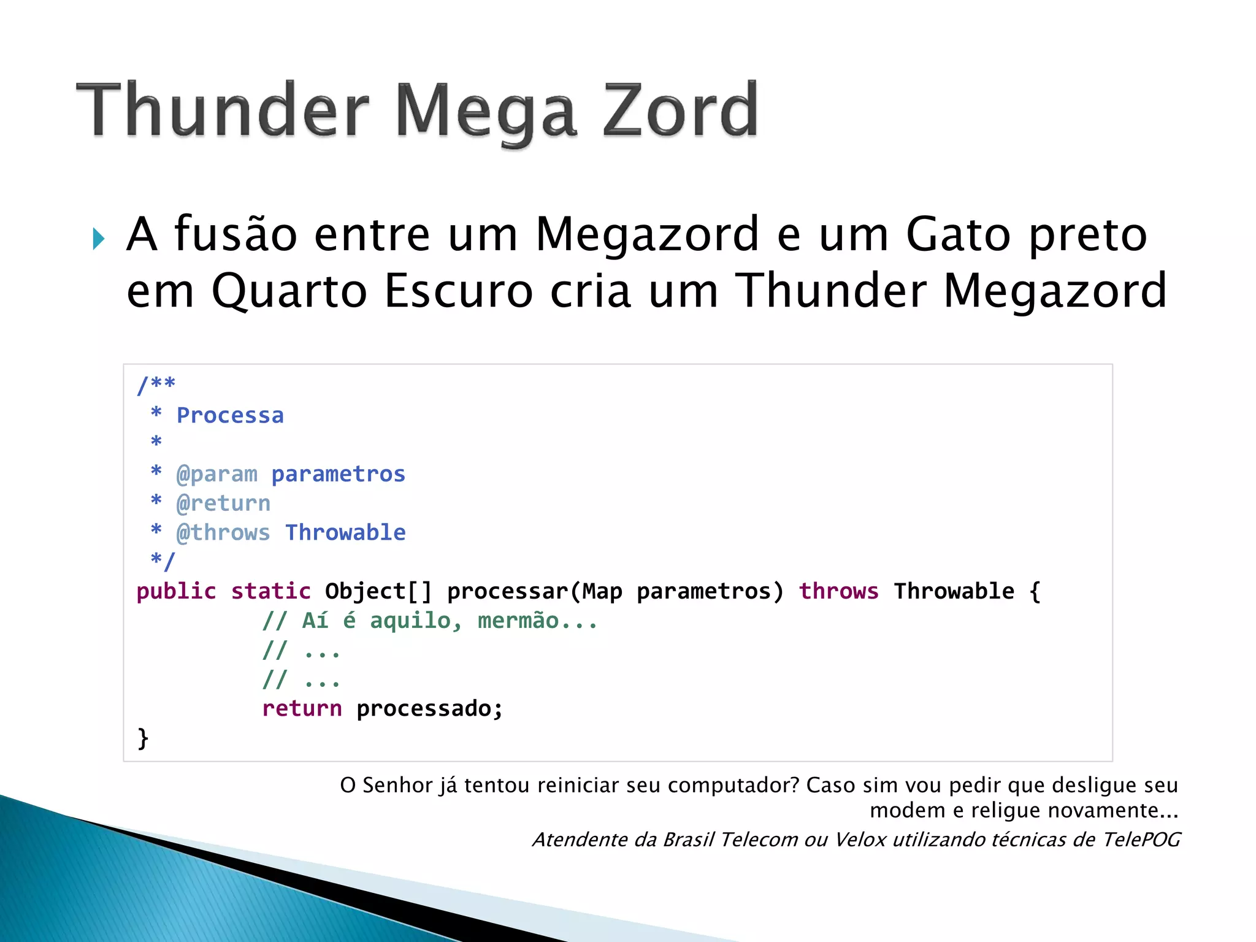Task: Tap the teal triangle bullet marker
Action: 99,239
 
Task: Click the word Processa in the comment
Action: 230,416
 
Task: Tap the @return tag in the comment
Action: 223,504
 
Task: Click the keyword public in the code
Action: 176,591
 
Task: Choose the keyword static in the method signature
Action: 270,591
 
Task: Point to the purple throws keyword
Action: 838,591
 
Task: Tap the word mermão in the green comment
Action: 518,621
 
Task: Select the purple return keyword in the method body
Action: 302,709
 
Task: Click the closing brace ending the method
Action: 143,737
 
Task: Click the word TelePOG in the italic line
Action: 1141,840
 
